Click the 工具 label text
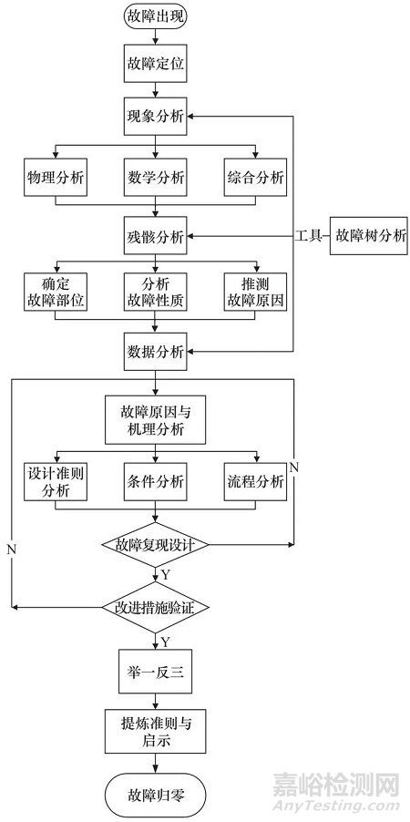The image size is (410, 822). [x=307, y=237]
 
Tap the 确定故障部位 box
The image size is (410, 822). [x=55, y=291]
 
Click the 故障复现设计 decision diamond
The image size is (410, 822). [x=155, y=545]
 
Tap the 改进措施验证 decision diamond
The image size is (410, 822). [x=155, y=606]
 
